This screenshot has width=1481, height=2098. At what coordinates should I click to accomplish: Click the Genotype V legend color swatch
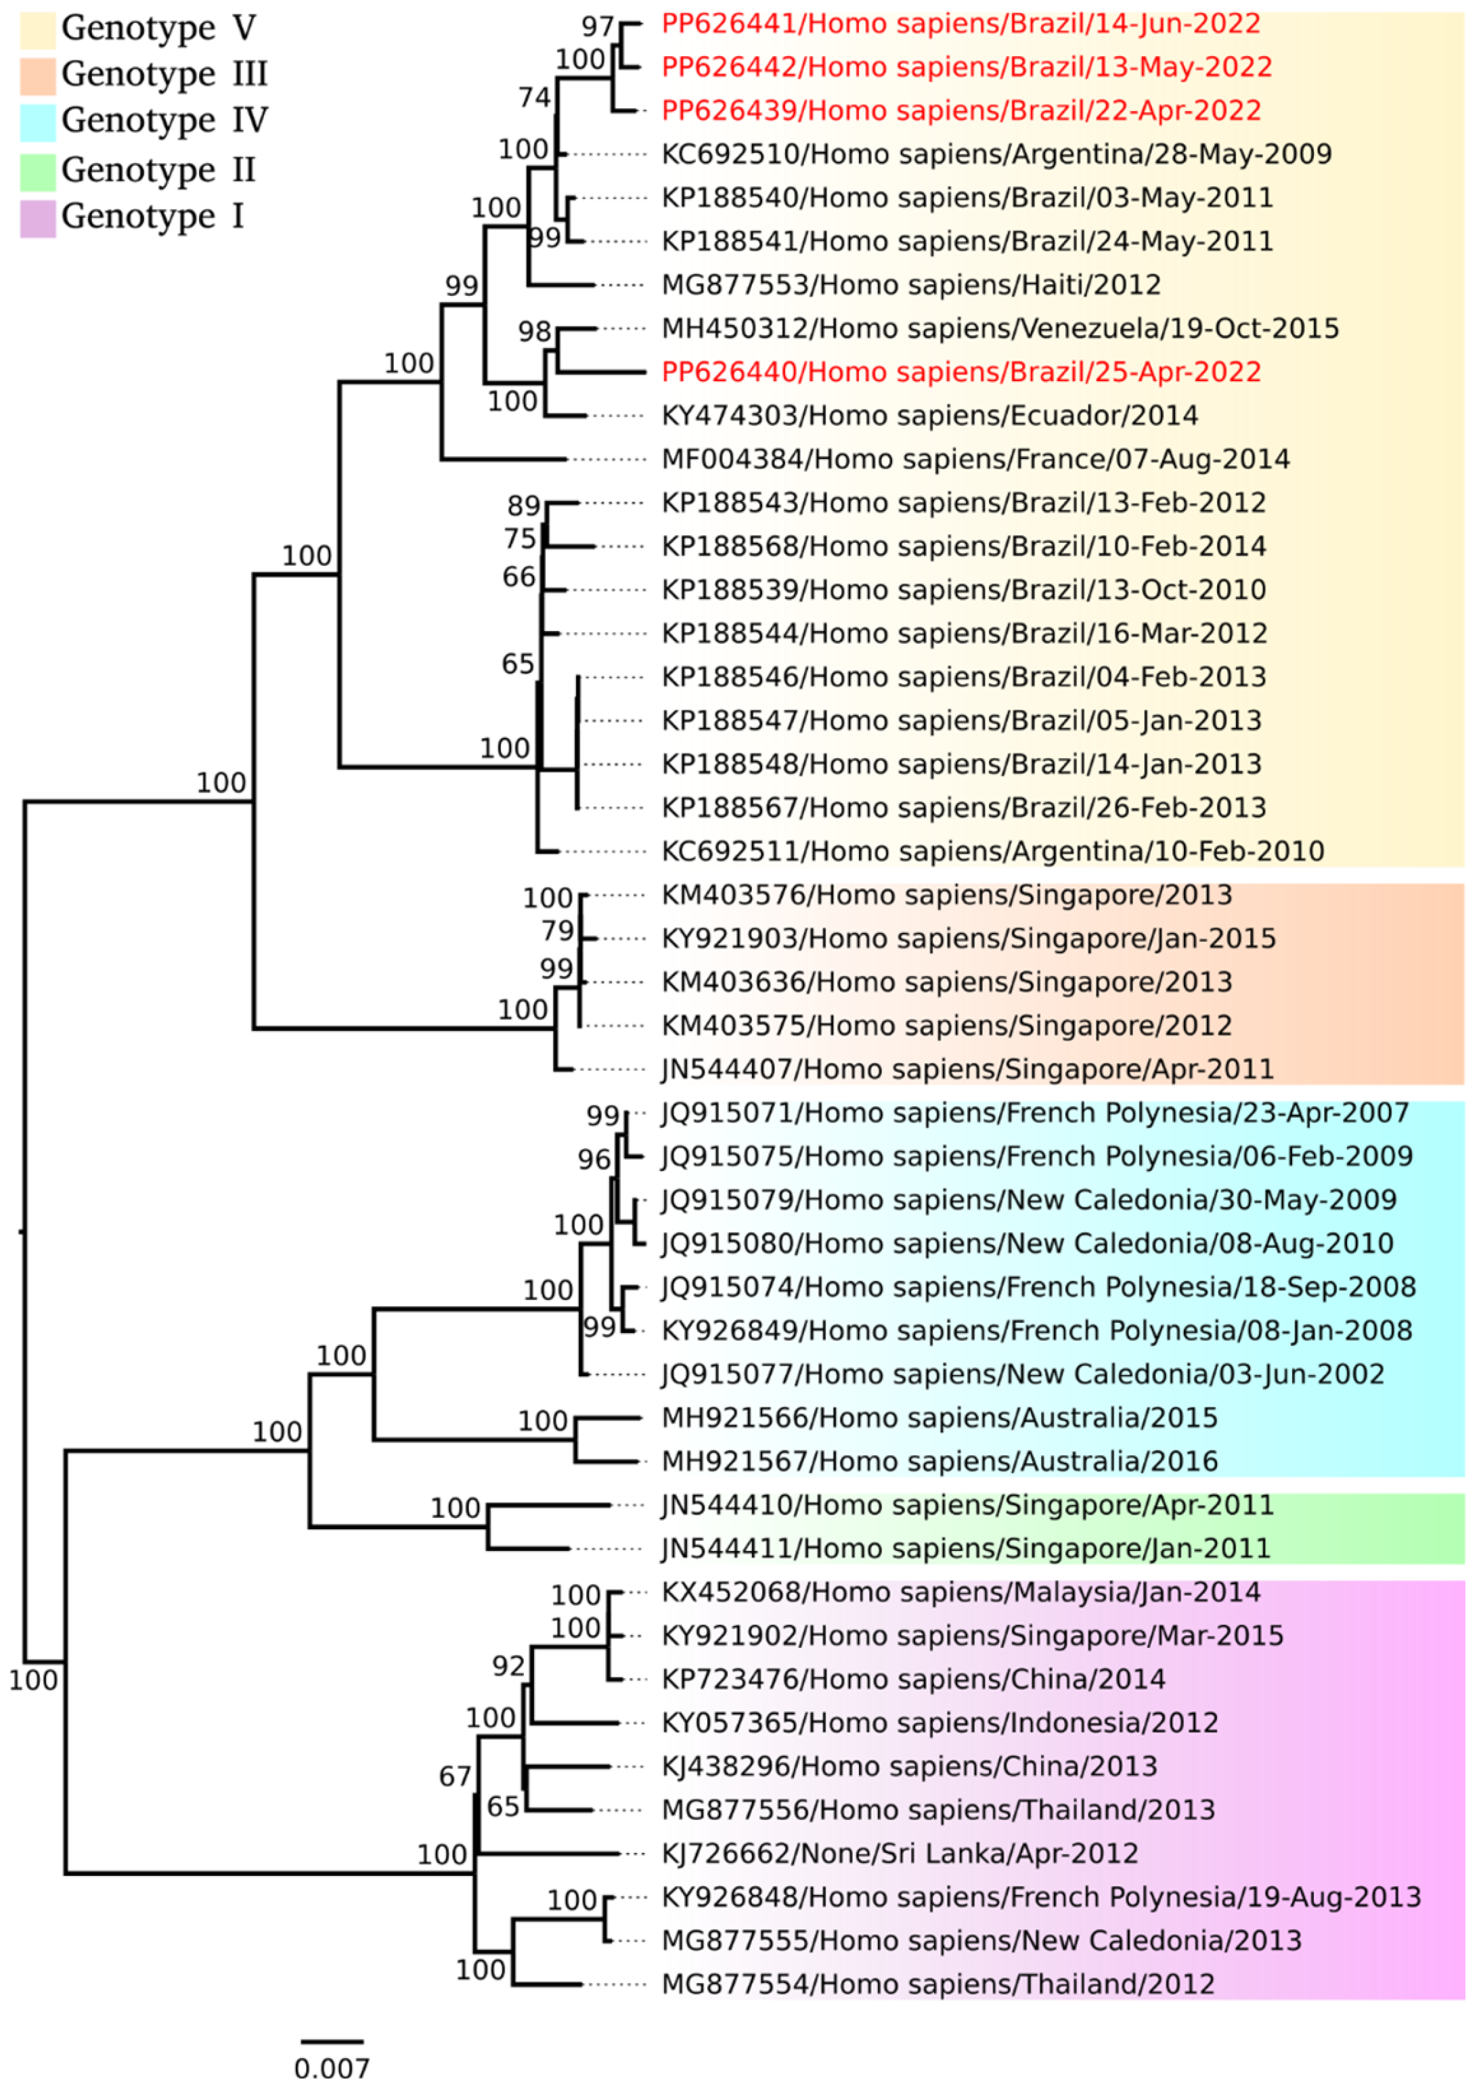coord(37,29)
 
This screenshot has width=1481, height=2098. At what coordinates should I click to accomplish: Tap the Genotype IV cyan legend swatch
coord(37,123)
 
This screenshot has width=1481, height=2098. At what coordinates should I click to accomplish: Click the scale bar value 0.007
coord(332,2068)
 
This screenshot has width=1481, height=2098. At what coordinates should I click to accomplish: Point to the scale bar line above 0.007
coord(332,2040)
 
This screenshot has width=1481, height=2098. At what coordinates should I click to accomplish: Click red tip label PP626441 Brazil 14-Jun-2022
coord(960,24)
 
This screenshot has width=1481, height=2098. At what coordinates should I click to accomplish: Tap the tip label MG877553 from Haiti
coord(911,285)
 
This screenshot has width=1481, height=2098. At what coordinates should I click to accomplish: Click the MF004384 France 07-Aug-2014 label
coord(975,459)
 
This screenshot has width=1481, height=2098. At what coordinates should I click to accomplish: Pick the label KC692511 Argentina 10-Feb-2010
coord(992,851)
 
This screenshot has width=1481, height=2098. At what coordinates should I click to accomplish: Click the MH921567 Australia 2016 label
coord(940,1461)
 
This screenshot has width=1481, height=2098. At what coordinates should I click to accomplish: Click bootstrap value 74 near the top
coord(535,97)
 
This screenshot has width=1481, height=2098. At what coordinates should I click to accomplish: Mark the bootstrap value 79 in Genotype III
coord(557,931)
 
